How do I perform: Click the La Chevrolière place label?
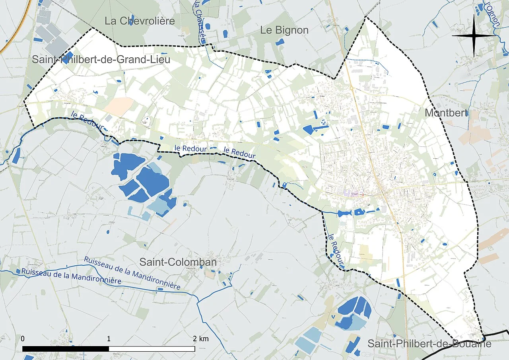point(140,21)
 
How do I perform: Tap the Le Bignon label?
point(284,30)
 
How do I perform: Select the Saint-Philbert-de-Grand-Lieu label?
point(101,60)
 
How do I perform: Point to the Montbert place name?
point(446,113)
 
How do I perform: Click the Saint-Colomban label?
point(178,262)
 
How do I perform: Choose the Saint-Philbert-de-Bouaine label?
point(429,344)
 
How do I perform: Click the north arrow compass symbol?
point(474,35)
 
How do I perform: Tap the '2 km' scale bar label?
point(201,339)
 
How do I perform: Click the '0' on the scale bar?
point(23,339)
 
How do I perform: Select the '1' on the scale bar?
point(109,339)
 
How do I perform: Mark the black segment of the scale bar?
point(66,349)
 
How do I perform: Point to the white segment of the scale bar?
point(152,349)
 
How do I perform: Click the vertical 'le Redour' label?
point(334,249)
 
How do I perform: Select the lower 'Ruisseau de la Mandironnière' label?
point(72,276)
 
